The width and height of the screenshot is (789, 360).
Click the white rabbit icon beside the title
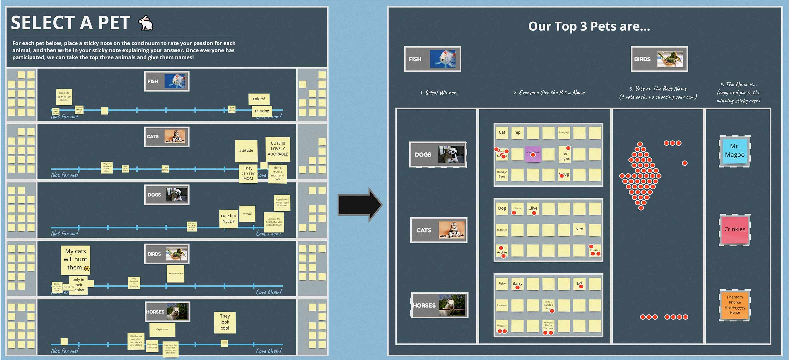pos(146,23)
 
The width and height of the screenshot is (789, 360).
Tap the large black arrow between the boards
pos(359,205)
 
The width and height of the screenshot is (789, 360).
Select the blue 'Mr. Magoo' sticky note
pos(734,151)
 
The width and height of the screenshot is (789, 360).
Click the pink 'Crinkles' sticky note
pos(734,230)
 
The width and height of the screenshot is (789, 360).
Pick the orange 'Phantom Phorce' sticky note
pos(734,305)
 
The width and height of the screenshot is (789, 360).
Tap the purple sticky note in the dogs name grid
pos(532,154)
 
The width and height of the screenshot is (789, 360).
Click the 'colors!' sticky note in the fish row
pos(259,99)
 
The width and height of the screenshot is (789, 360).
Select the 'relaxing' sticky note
pos(262,111)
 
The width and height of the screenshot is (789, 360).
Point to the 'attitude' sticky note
pos(246,150)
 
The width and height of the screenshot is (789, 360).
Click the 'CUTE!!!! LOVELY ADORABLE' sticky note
pos(278,149)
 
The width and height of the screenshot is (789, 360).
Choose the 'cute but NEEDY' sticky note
pos(228,218)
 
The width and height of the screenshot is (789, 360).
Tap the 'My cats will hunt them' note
pos(76,259)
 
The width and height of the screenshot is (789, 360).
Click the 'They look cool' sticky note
pos(225,322)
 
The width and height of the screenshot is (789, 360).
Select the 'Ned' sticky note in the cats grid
pos(579,229)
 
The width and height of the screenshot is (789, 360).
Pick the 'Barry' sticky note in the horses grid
pos(517,284)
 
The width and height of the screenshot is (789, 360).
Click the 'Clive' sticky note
pos(533,208)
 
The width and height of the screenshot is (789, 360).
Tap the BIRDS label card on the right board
pos(659,59)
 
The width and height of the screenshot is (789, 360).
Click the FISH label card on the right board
pos(432,59)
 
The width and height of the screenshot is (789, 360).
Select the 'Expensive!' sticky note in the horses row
pos(162,329)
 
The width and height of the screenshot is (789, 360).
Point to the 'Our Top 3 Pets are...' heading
pos(589,26)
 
